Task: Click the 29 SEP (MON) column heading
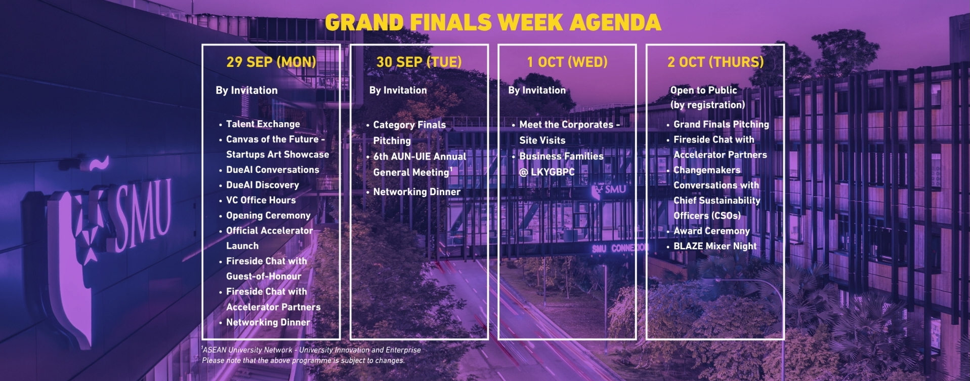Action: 271,62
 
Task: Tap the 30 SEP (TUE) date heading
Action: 419,62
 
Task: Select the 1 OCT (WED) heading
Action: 567,62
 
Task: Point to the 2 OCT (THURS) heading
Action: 715,62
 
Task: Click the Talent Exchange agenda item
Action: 263,124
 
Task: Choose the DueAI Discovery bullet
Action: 262,185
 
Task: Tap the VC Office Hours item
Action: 261,200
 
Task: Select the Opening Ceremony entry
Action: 268,215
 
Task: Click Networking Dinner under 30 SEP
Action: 416,192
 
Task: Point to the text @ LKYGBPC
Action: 547,172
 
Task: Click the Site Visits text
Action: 542,140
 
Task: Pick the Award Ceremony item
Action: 711,231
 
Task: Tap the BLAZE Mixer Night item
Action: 715,246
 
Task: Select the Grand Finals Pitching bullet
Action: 721,125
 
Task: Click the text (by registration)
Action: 707,105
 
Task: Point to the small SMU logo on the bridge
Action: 609,190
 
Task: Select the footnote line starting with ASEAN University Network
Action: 311,350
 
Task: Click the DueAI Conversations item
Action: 272,170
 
